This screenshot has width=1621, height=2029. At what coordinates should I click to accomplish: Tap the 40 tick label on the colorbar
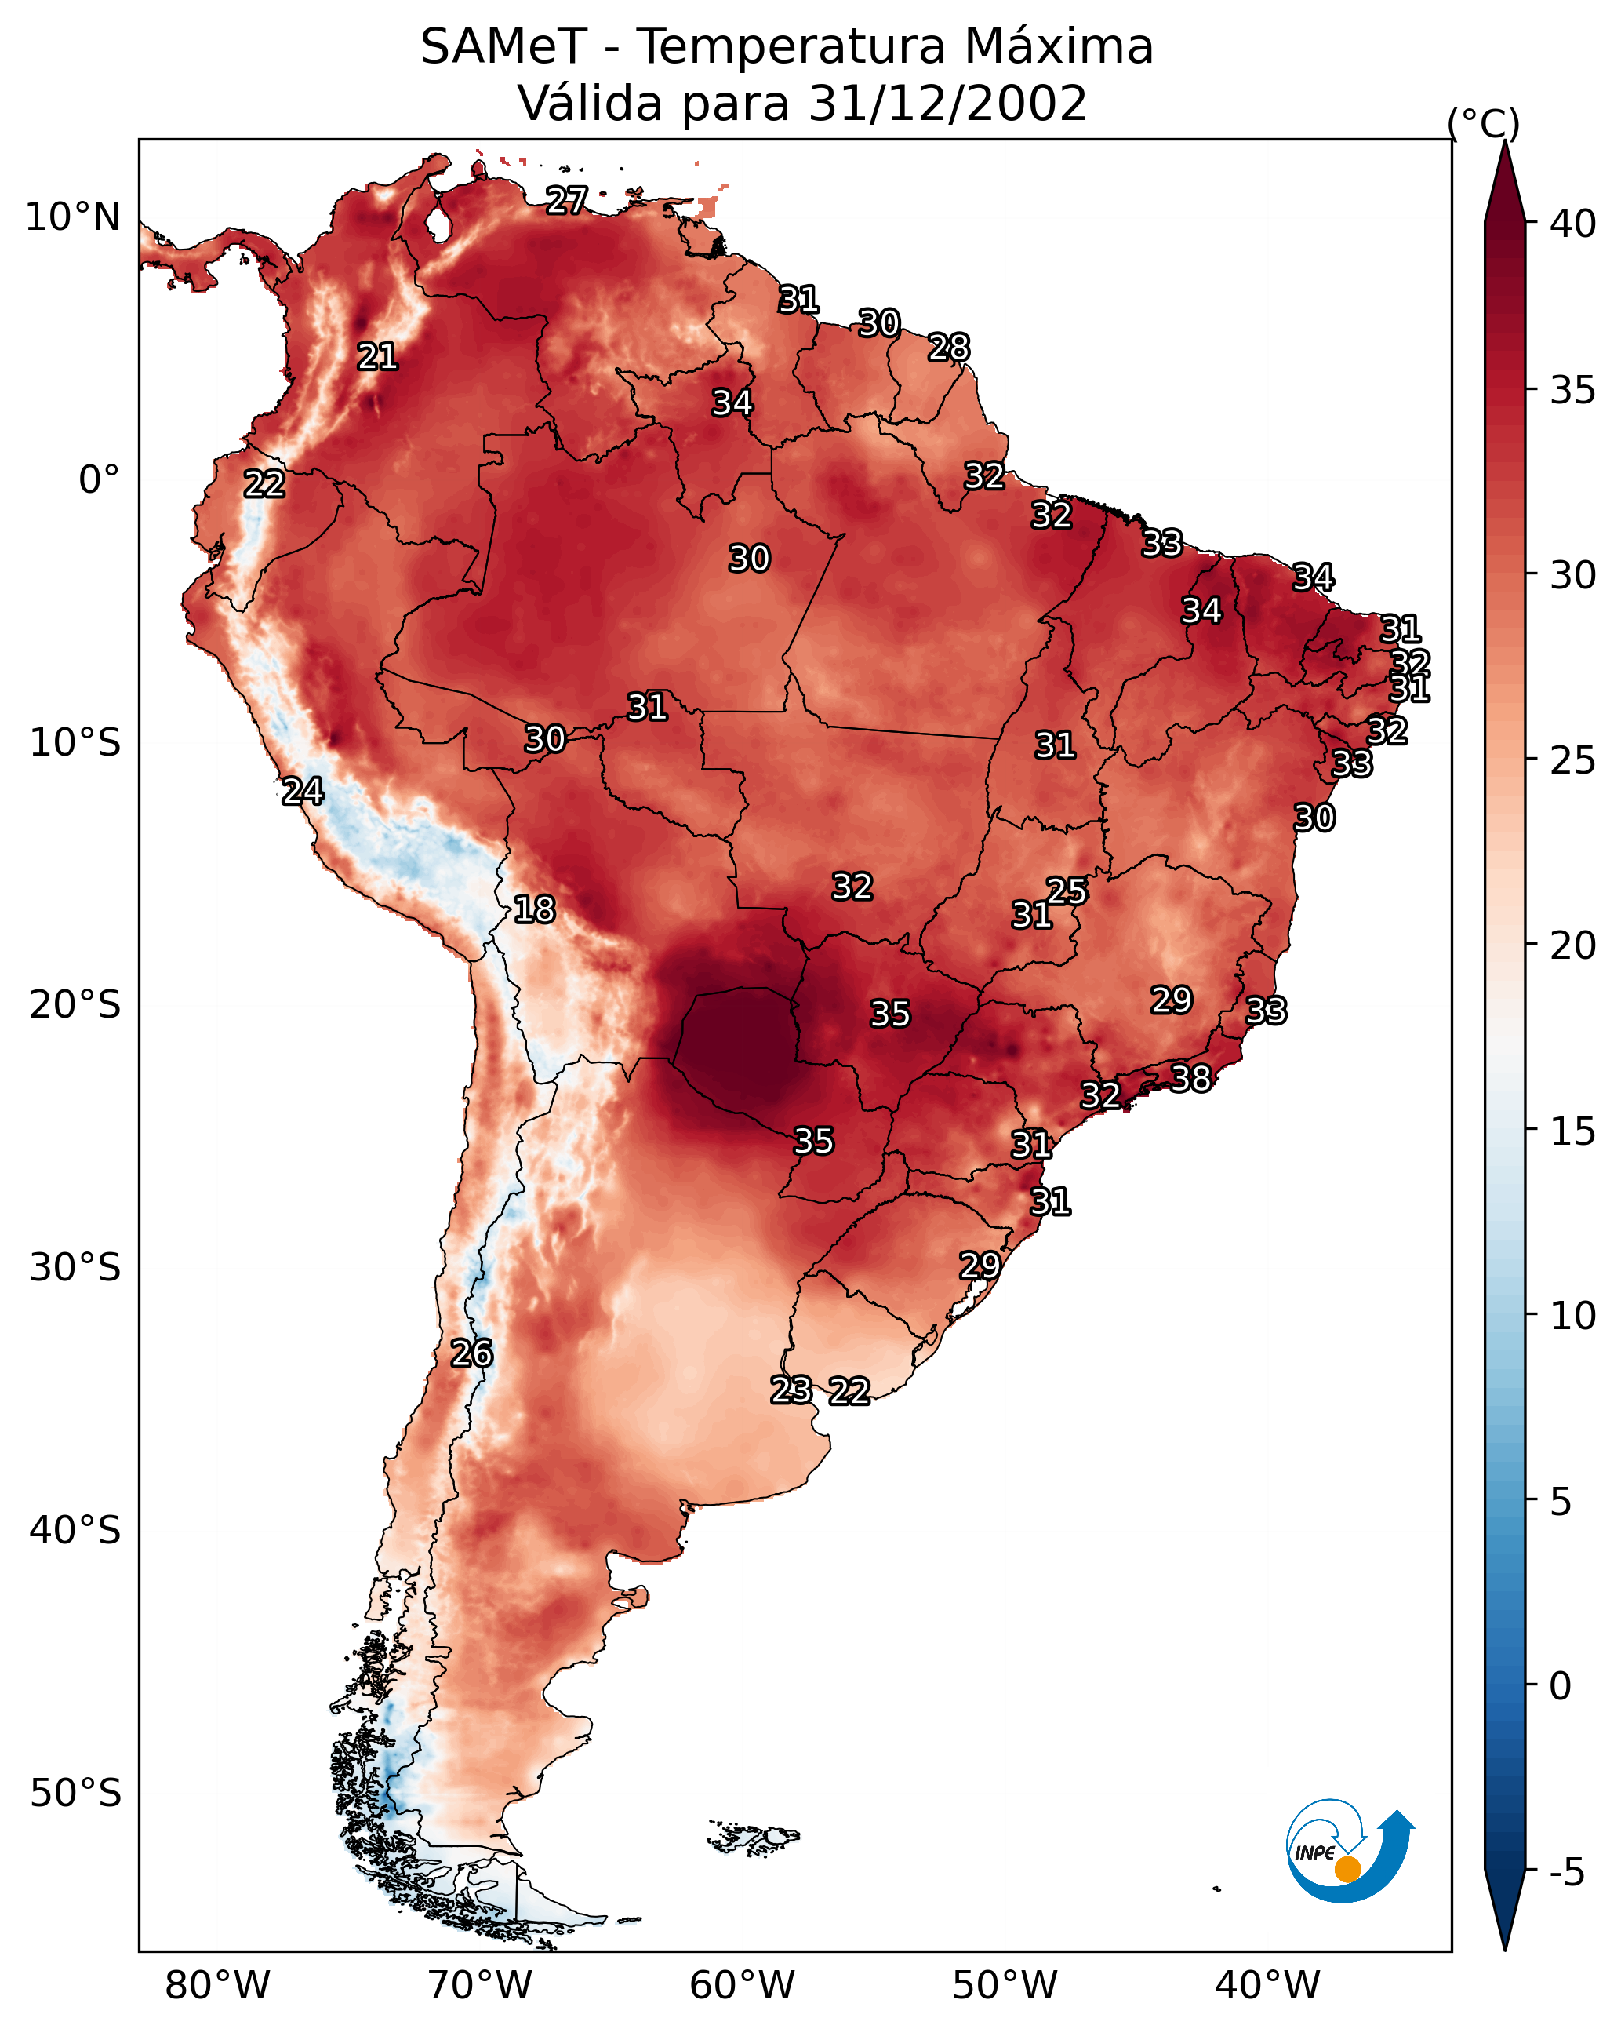click(1573, 224)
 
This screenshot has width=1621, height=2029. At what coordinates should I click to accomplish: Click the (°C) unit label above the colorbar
click(1484, 123)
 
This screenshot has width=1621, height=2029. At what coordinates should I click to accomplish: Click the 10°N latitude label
click(72, 217)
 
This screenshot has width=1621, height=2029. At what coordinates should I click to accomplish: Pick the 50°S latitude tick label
click(75, 1793)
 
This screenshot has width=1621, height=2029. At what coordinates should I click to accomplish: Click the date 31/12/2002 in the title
click(947, 104)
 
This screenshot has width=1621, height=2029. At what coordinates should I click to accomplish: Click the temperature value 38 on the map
click(1190, 1079)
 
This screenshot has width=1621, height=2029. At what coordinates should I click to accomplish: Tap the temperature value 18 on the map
click(534, 910)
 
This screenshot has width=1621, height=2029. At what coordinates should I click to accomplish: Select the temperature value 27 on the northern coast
click(566, 200)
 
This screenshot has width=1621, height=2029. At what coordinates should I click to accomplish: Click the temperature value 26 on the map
click(471, 1353)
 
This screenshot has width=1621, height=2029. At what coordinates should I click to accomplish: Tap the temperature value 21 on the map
click(377, 357)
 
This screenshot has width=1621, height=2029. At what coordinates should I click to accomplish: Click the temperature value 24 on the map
click(303, 792)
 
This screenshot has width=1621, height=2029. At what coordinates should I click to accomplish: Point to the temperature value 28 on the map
click(948, 348)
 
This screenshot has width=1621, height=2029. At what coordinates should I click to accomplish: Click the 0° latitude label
click(99, 480)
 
